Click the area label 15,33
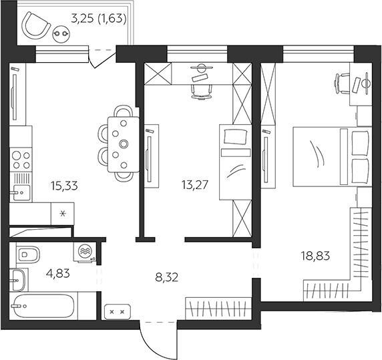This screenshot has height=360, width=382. click(x=65, y=186)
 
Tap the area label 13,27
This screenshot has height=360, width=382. click(x=195, y=185)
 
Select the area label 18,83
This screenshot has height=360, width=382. click(x=316, y=256)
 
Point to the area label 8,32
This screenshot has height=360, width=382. click(x=167, y=277)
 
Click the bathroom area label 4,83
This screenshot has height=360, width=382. click(x=57, y=273)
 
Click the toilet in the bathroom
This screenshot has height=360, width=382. click(x=28, y=254)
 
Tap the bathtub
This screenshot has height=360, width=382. click(x=43, y=306)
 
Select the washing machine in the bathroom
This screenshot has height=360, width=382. click(x=84, y=252)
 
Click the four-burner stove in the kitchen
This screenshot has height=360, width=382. click(x=21, y=160)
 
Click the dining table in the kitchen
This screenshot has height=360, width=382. click(x=124, y=144)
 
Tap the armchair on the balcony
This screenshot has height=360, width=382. click(x=35, y=25)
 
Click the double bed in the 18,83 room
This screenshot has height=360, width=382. click(x=333, y=157)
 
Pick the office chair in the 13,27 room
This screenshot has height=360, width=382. click(x=202, y=92)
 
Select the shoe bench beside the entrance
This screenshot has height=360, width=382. click(x=118, y=311)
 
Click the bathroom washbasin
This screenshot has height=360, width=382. click(x=17, y=280)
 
